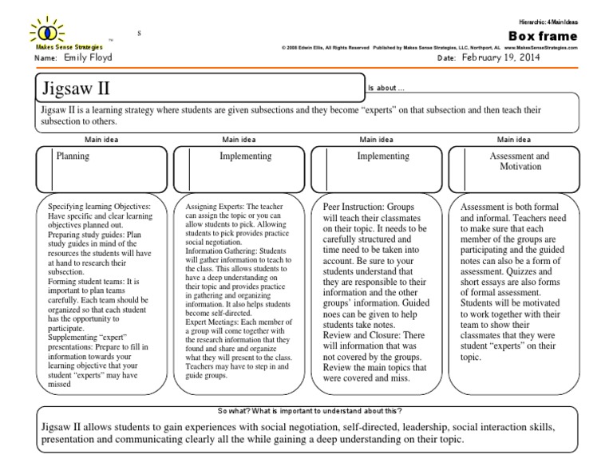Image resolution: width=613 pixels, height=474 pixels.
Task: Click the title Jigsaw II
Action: (72, 86)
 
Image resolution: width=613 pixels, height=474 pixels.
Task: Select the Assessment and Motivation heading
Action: (519, 162)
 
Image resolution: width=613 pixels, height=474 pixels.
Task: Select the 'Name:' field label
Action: (47, 58)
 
